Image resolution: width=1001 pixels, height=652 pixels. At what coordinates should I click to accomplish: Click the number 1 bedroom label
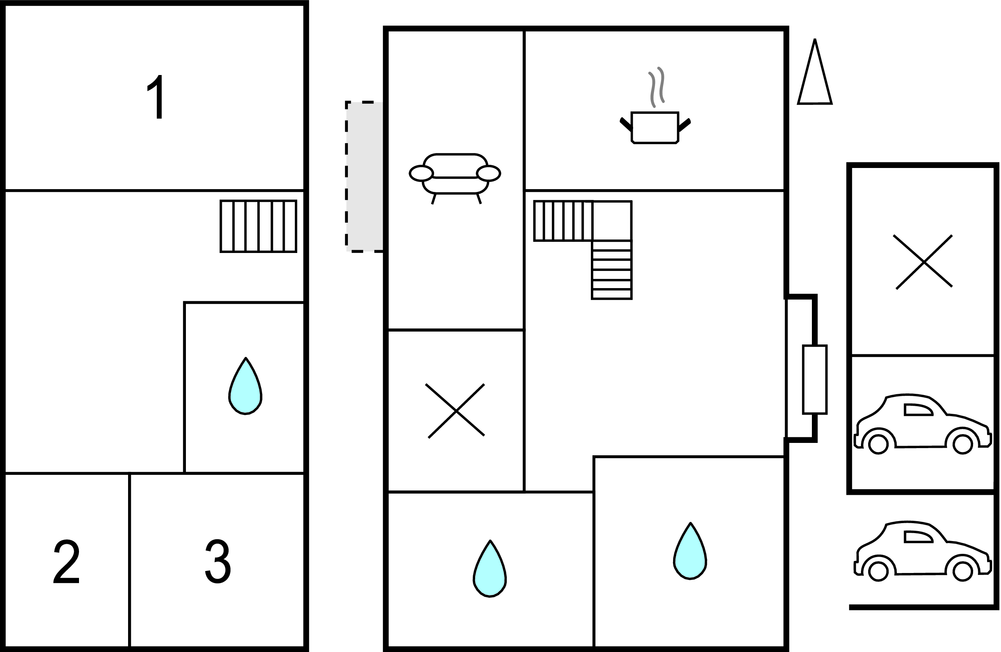coord(157,97)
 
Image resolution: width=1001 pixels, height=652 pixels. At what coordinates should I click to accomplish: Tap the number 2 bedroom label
coord(66,562)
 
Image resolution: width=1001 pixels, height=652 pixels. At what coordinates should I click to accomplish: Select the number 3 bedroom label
coord(218,561)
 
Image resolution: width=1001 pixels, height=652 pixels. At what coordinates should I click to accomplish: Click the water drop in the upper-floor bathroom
coord(245,386)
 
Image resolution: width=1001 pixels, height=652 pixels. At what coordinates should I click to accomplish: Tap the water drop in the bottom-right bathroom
coord(690,551)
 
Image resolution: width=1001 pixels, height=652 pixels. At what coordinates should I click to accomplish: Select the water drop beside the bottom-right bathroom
coord(490,568)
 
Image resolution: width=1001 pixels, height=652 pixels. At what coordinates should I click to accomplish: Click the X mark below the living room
coord(456,411)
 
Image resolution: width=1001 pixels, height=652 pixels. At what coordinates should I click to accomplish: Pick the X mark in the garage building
coord(924,262)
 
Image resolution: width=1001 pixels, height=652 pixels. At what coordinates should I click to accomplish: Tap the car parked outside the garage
coord(922,550)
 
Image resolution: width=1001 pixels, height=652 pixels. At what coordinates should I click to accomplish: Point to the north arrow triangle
coord(815,72)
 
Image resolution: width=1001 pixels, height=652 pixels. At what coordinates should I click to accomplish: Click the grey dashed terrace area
coord(365,176)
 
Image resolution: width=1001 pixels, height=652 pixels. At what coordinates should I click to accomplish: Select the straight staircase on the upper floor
coord(259,226)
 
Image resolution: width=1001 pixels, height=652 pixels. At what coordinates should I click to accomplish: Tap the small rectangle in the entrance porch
coord(815,379)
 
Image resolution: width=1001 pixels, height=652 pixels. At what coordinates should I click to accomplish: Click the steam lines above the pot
coord(657,87)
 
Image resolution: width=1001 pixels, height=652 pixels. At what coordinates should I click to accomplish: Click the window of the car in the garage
coord(918,409)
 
